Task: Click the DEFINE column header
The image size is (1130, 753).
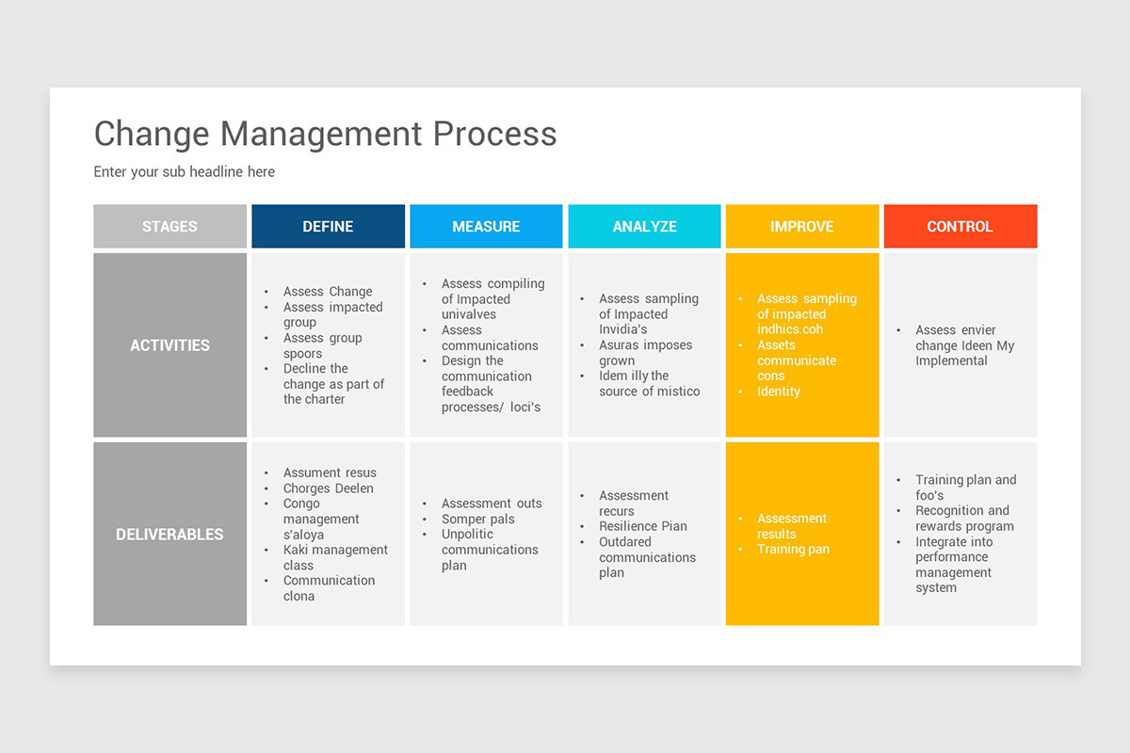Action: pos(328,227)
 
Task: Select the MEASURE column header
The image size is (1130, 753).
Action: pos(486,227)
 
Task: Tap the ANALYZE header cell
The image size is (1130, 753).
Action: pos(644,227)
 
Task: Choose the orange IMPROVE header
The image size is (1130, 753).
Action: pos(801,227)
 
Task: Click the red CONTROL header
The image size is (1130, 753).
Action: pos(960,227)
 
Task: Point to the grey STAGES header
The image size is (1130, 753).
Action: pos(169,227)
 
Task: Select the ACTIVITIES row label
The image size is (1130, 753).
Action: pos(169,345)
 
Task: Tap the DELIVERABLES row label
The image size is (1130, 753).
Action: pos(169,535)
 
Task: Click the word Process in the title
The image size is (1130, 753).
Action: pos(494,134)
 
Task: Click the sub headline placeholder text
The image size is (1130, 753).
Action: pos(185,172)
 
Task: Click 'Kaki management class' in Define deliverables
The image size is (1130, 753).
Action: pos(335,557)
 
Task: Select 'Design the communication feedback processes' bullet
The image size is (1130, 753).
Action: pos(490,384)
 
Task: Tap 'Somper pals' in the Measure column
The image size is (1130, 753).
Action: pos(477,520)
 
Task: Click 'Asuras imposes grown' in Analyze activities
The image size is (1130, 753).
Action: pos(645,353)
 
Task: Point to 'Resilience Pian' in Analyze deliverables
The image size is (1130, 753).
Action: pos(642,526)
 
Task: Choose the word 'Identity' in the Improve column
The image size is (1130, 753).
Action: pos(779,392)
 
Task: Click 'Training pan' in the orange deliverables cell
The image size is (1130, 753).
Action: pos(793,550)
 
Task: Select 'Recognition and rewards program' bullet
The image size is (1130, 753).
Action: pos(964,519)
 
